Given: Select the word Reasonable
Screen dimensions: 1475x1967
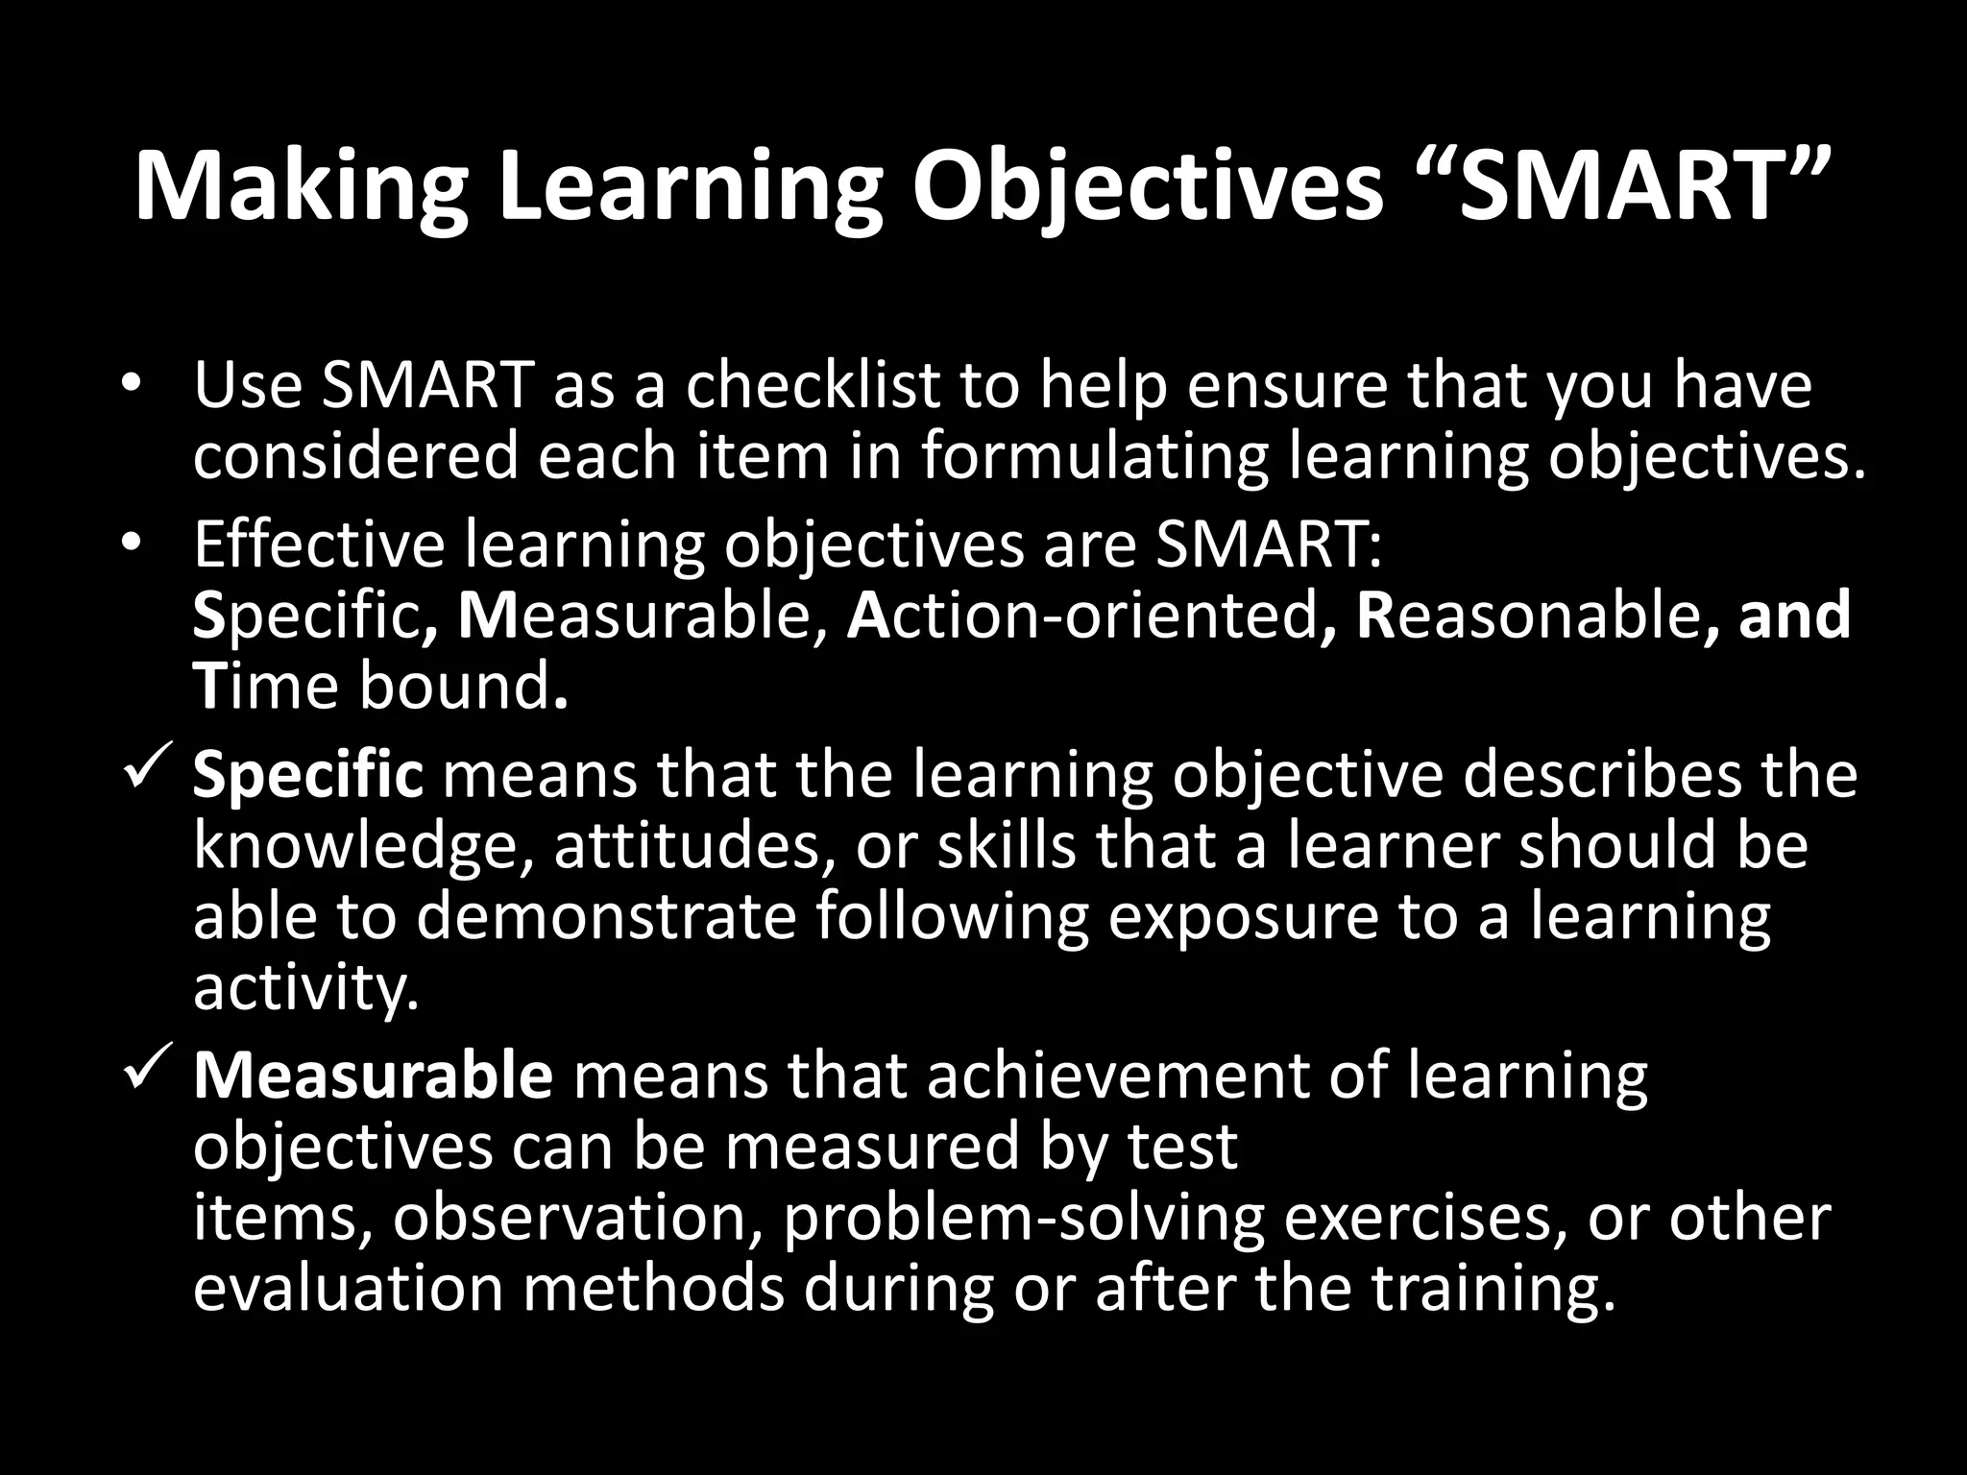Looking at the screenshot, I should click(x=1526, y=616).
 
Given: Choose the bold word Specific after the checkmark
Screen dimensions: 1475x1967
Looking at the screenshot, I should click(x=308, y=775).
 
